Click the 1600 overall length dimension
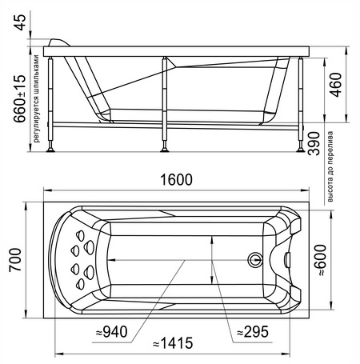click(x=176, y=179)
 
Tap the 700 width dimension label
click(x=15, y=260)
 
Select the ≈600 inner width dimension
click(x=320, y=260)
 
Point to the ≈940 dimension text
click(x=112, y=332)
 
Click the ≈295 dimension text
click(x=253, y=332)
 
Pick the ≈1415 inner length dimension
click(x=173, y=343)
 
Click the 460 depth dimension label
click(x=335, y=85)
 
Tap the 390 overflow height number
click(x=314, y=143)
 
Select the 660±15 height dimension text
click(x=20, y=98)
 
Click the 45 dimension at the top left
click(x=20, y=22)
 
